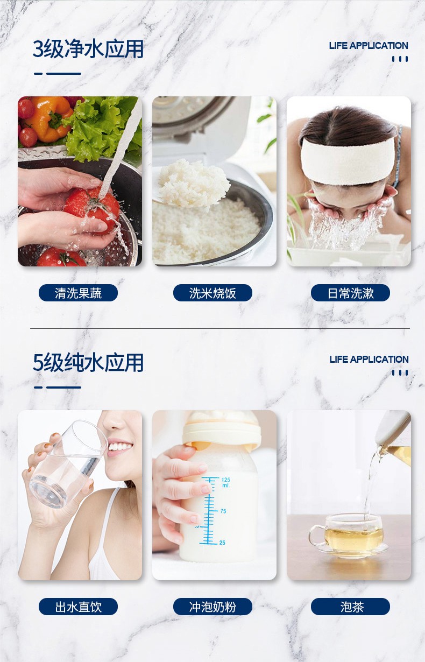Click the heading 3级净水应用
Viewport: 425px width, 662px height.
[88, 49]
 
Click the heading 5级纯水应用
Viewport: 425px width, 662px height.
[88, 362]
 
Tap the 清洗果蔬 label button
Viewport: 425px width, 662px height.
[78, 293]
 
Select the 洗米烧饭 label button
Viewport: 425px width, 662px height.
[212, 293]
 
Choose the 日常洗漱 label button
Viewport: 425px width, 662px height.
[350, 293]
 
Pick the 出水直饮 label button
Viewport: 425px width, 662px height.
[78, 607]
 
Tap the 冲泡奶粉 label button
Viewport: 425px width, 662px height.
[212, 607]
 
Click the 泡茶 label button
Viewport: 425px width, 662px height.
[350, 607]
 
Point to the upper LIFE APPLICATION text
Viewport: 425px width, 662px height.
[369, 46]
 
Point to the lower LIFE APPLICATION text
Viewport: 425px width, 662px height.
[369, 360]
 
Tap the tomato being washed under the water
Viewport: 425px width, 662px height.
[92, 210]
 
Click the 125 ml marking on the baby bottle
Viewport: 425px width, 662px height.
[225, 482]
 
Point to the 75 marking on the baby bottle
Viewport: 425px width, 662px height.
[223, 511]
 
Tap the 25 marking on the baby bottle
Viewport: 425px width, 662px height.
[222, 543]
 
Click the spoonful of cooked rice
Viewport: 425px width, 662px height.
[193, 183]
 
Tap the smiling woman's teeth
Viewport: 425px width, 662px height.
[119, 447]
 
